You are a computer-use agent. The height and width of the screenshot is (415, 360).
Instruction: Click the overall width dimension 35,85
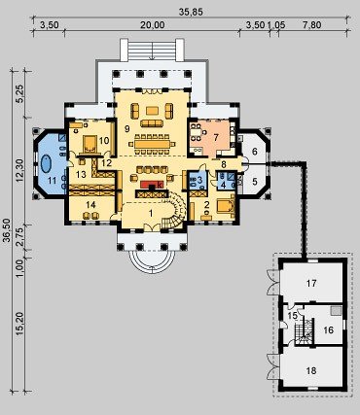pyautogui.click(x=191, y=12)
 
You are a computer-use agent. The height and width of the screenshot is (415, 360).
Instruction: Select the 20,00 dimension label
pyautogui.click(x=152, y=25)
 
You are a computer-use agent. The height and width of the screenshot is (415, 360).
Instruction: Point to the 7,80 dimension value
pyautogui.click(x=310, y=25)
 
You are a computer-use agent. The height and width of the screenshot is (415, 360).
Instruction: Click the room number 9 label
pyautogui.click(x=127, y=129)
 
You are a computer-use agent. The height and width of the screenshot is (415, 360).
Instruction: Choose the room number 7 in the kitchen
pyautogui.click(x=216, y=137)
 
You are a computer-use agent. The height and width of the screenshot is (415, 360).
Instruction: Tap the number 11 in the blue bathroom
pyautogui.click(x=53, y=181)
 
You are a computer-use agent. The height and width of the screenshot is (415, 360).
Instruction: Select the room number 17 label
pyautogui.click(x=311, y=284)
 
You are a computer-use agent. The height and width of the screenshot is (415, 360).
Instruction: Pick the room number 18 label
pyautogui.click(x=311, y=370)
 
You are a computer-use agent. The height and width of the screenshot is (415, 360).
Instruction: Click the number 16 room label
pyautogui.click(x=329, y=329)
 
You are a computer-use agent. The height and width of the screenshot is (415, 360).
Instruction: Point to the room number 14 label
pyautogui.click(x=91, y=204)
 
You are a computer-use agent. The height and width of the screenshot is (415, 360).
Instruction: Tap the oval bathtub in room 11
pyautogui.click(x=46, y=164)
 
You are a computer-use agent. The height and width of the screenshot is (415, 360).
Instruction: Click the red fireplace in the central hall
pyautogui.click(x=152, y=185)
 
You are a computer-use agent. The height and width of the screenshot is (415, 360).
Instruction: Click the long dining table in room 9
pyautogui.click(x=152, y=143)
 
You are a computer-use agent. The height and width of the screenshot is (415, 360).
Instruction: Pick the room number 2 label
pyautogui.click(x=206, y=204)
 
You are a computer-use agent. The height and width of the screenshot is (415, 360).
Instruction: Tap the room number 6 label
pyautogui.click(x=255, y=152)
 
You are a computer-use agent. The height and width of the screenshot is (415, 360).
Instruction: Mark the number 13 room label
pyautogui.click(x=81, y=175)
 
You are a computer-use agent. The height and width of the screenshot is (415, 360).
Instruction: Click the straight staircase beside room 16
pyautogui.click(x=304, y=331)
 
